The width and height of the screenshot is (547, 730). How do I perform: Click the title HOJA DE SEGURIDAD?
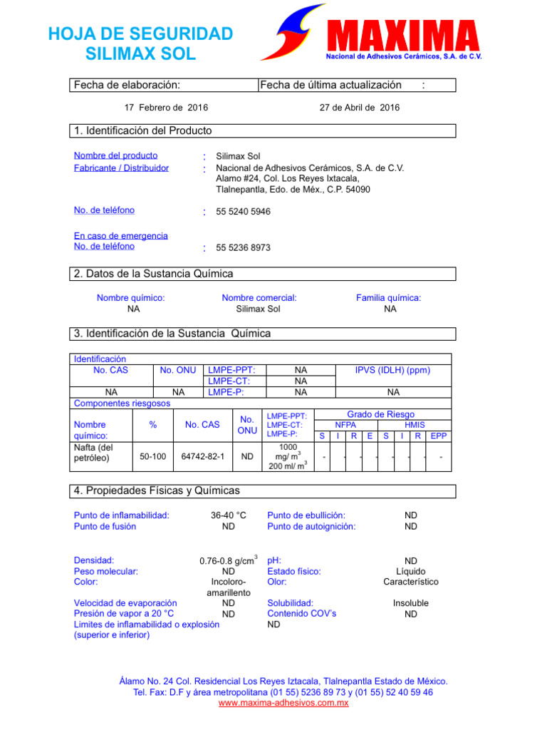[140, 34]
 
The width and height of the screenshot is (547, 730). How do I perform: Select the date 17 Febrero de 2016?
[166, 108]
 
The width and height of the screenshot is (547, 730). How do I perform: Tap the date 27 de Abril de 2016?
[360, 108]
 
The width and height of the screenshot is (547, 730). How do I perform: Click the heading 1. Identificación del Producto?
[143, 130]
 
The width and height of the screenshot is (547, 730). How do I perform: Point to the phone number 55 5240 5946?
[243, 212]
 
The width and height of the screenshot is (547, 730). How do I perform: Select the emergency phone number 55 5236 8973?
[243, 247]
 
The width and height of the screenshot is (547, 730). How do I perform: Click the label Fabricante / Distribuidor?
[121, 168]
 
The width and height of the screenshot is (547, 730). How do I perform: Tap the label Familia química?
[388, 298]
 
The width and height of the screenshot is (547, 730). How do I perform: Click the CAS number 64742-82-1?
[202, 456]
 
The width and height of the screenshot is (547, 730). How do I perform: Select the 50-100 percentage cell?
[153, 456]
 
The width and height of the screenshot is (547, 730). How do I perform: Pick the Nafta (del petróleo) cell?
[93, 453]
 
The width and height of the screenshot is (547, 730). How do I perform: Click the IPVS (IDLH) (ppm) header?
[393, 371]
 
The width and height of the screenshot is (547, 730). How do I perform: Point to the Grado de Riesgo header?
[380, 414]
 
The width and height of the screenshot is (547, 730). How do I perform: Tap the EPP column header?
[439, 435]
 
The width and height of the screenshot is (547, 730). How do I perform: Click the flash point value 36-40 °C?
[228, 515]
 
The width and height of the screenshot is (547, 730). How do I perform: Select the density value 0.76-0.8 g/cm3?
[227, 561]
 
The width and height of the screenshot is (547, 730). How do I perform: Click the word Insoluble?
[411, 603]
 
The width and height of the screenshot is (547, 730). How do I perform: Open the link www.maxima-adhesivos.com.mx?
[283, 704]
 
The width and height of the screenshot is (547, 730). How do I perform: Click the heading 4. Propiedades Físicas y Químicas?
[157, 491]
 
